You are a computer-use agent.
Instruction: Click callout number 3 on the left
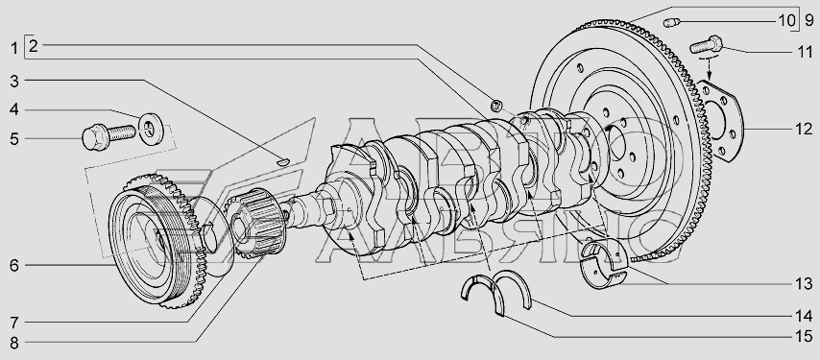(14, 81)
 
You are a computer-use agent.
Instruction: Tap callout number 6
(14, 265)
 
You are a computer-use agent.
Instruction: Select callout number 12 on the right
(804, 129)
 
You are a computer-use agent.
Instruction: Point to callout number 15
(804, 336)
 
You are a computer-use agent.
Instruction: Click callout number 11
(804, 52)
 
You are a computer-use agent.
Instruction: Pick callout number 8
(14, 343)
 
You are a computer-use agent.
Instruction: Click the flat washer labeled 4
(151, 129)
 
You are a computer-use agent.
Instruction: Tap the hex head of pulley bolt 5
(95, 137)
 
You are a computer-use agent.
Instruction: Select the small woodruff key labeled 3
(282, 161)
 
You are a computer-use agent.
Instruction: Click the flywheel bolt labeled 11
(706, 44)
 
